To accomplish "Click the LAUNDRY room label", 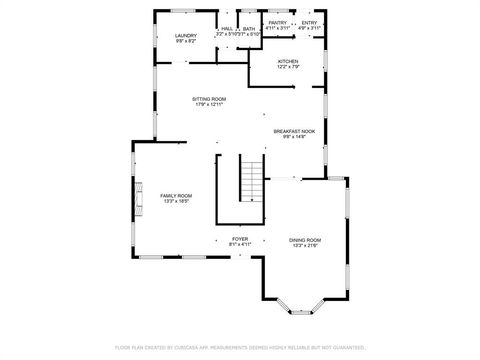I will pos(186,35).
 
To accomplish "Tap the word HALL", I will pos(227,28).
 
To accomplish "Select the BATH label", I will pos(248,28).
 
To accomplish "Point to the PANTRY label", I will pos(278,22).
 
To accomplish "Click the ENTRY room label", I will pos(310,22).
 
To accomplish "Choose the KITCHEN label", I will pos(288,61).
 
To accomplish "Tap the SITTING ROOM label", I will pos(210,99).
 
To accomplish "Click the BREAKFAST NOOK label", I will pos(295,131).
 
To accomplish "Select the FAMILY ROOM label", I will pos(176,195).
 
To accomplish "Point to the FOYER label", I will pos(240,238).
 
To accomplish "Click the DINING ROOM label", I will pos(305,239).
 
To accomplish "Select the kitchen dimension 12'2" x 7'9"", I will pos(288,67).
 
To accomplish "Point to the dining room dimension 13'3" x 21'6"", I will pos(305,245).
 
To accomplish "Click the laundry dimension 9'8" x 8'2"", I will pos(186,41).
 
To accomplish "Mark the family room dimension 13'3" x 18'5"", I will pos(176,201).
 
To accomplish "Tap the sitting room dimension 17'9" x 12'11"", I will pos(210,105).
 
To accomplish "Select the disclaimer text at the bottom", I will pos(240,347).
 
